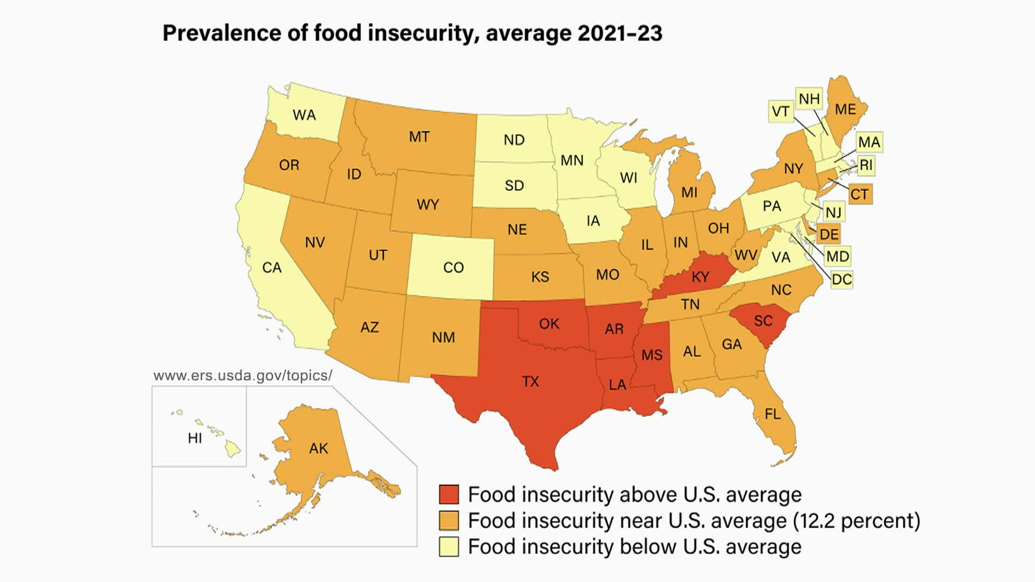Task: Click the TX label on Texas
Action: coord(530,382)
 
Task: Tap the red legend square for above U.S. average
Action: coord(448,494)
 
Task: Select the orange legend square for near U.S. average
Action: coord(448,521)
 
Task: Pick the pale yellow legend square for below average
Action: coord(448,546)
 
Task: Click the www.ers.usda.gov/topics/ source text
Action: coord(243,376)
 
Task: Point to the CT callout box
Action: coord(860,194)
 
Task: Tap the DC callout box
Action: coord(841,279)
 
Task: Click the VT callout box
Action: coord(780,112)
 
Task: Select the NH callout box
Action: coord(809,99)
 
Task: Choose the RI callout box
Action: coord(866,165)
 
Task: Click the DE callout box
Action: coord(829,234)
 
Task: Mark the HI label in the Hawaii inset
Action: coord(195,438)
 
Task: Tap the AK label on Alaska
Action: coord(318,448)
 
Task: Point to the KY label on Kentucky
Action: coord(700,277)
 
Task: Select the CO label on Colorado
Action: coord(453,268)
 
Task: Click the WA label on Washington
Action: coord(304,115)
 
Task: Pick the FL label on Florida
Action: coord(772,414)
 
